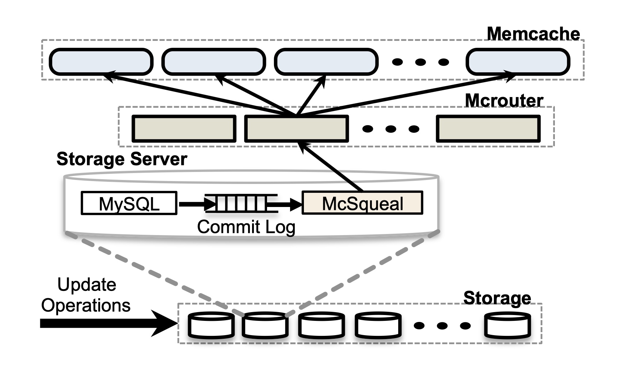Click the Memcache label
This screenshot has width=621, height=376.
[x=533, y=34]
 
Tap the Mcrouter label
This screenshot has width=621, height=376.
[x=504, y=100]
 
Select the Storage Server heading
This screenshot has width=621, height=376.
[x=122, y=159]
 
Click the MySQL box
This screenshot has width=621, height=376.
[x=129, y=203]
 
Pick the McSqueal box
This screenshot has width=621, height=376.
[x=362, y=203]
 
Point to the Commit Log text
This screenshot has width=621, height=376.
[x=246, y=227]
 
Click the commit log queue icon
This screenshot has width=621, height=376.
[x=241, y=203]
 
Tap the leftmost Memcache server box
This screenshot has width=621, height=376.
[x=101, y=62]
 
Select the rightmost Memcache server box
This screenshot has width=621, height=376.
[x=518, y=62]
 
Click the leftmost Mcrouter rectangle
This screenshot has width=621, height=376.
[x=184, y=128]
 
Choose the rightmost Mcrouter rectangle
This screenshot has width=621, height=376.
[x=488, y=128]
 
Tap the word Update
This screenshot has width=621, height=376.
[x=87, y=284]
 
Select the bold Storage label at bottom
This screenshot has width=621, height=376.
[x=497, y=298]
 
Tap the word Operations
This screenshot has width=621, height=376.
[x=86, y=305]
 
